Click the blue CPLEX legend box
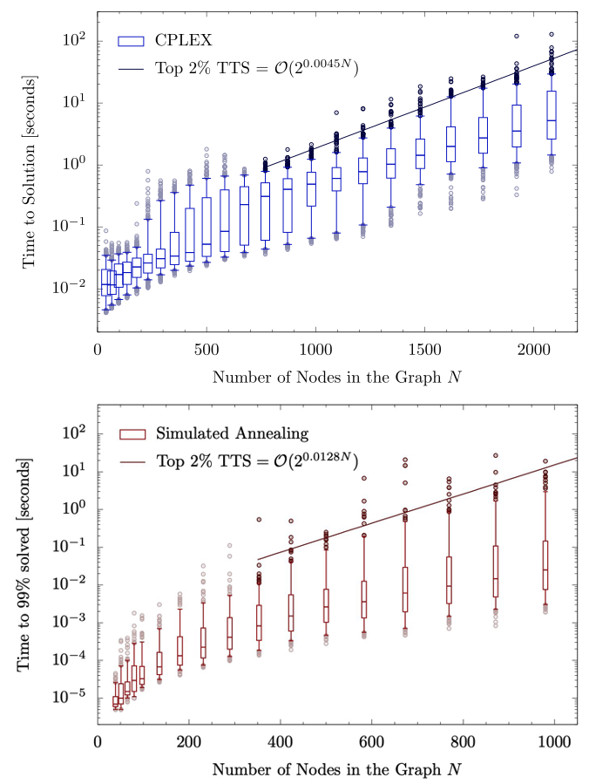click(131, 40)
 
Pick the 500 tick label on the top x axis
click(206, 349)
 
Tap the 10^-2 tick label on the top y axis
click(69, 289)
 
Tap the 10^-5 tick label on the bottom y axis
click(69, 698)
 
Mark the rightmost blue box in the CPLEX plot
click(551, 114)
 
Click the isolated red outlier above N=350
click(259, 520)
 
